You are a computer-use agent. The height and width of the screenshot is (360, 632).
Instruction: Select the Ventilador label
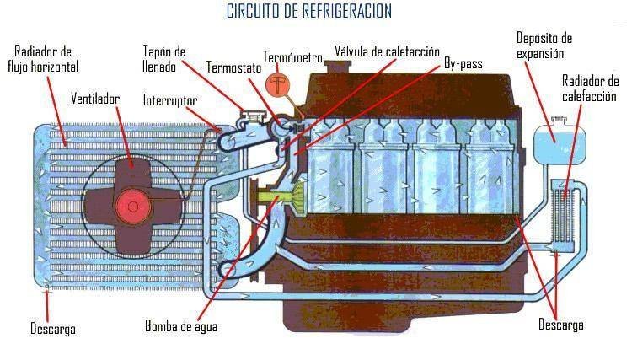click(94, 99)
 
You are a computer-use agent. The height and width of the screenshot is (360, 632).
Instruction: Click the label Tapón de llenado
click(164, 58)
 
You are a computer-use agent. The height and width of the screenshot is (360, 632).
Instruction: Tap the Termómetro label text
click(292, 57)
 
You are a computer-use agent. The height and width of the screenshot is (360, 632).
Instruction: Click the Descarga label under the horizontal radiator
click(52, 329)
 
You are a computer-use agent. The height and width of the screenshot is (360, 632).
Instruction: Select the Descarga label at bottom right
click(560, 325)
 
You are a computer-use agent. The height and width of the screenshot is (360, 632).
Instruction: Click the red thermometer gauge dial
click(276, 85)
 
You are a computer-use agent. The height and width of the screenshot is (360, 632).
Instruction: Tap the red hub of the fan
click(131, 203)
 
